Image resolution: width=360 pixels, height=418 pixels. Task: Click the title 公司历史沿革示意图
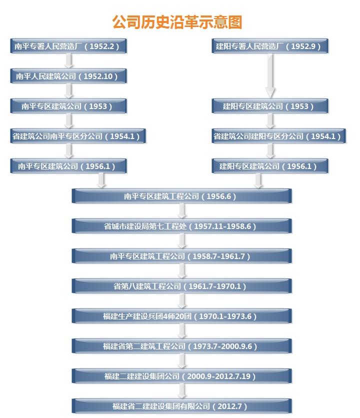[x=177, y=22]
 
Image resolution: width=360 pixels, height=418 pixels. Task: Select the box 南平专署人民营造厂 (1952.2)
[x=68, y=46]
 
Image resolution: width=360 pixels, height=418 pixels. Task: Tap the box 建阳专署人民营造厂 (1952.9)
[x=270, y=46]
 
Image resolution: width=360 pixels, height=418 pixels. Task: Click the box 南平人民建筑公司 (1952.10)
[x=68, y=76]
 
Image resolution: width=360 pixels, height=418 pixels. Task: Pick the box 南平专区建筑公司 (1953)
[x=68, y=106]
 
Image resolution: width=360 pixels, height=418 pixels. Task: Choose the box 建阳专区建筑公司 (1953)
[x=270, y=106]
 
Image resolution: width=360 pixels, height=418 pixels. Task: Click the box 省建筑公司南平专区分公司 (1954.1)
[x=78, y=136]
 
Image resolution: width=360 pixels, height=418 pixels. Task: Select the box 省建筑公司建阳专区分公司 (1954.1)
[x=278, y=136]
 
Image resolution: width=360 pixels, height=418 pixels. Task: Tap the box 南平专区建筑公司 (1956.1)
[x=68, y=166]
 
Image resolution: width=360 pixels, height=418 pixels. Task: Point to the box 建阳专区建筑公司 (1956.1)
[x=270, y=166]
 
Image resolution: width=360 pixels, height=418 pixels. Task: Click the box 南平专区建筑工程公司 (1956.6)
[x=181, y=196]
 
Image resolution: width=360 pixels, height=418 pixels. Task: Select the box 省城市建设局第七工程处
[x=181, y=226]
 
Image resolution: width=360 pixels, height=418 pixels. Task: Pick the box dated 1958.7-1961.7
[x=181, y=256]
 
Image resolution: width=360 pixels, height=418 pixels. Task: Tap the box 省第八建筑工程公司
[x=181, y=286]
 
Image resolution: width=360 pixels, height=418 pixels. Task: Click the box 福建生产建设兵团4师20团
[x=181, y=316]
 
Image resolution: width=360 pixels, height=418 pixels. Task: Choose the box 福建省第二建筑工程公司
[x=181, y=346]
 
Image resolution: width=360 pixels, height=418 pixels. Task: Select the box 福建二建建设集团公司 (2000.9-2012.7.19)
[x=181, y=376]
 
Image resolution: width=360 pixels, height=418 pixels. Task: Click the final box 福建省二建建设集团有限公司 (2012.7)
[x=181, y=406]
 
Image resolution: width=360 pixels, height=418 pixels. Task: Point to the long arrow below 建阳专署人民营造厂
[x=270, y=76]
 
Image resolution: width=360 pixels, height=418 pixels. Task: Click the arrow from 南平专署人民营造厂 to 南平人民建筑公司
[x=68, y=61]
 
